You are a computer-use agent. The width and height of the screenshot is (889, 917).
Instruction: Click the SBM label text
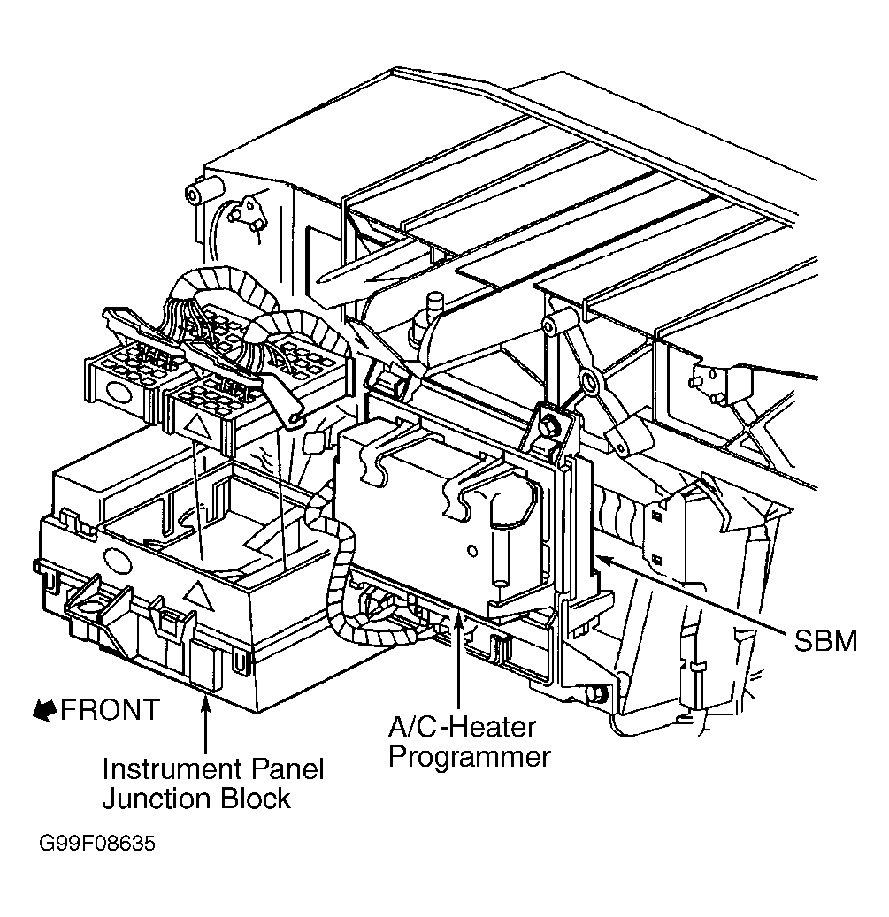click(825, 640)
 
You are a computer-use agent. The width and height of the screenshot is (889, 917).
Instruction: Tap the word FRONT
click(110, 710)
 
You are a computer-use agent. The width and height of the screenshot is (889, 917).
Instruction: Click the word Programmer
click(469, 757)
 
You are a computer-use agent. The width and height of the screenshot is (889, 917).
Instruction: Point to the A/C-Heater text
click(462, 727)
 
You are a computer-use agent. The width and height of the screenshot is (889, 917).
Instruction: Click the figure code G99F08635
click(97, 844)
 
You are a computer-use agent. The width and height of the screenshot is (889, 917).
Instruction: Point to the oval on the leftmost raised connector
click(119, 394)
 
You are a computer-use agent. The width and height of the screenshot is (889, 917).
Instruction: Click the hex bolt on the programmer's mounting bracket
click(549, 426)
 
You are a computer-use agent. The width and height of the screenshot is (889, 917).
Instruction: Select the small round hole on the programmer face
click(472, 551)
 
